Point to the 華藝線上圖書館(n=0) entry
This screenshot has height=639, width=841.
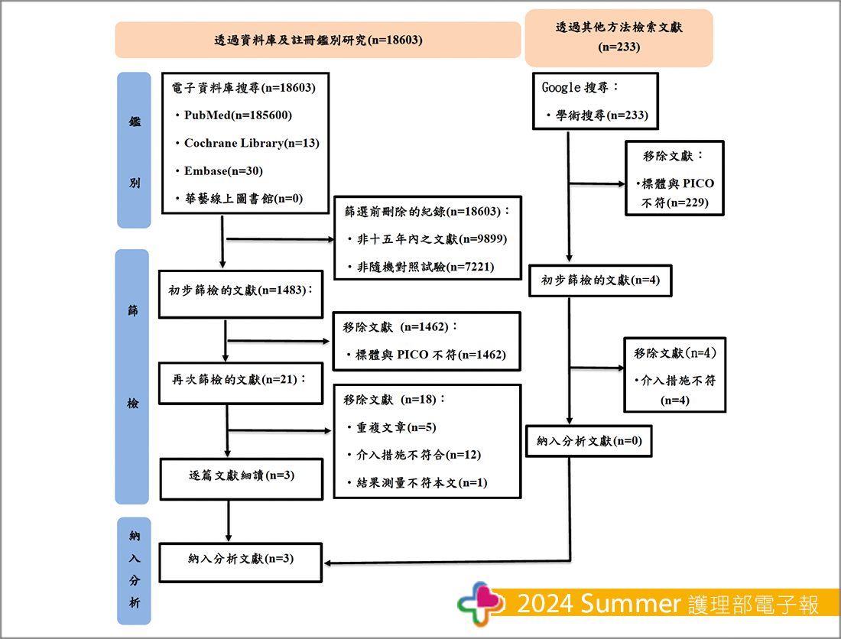coord(244,199)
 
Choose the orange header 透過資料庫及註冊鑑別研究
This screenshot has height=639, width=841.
coord(318,40)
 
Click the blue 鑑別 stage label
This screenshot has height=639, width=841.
coord(134,150)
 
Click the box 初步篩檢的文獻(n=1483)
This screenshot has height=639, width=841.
coord(239,291)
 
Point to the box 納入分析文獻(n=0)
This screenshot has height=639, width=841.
coord(589,441)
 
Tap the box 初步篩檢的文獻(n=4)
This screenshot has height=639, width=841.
coord(599,280)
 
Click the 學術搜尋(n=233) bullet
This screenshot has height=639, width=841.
coord(602,115)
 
